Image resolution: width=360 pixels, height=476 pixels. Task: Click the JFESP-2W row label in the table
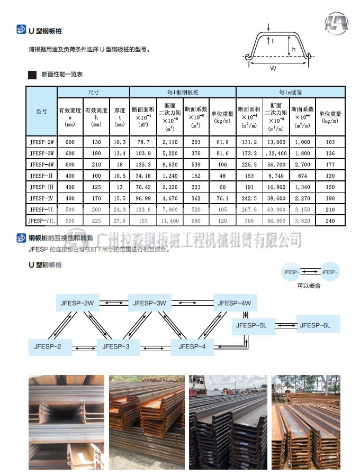tap(42, 142)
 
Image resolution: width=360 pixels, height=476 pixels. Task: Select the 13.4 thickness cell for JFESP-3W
tap(120, 153)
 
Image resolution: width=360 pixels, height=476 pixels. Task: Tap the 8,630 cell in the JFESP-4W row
tap(169, 164)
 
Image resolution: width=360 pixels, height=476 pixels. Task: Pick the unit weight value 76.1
tap(222, 198)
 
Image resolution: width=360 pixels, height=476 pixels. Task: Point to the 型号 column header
tap(42, 112)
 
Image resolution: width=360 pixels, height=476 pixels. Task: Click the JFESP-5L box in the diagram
tap(251, 325)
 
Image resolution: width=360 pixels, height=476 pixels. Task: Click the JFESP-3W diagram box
tap(150, 303)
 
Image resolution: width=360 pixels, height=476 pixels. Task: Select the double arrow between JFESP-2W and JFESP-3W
tap(113, 303)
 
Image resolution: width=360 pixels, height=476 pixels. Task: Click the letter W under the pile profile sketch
tap(273, 68)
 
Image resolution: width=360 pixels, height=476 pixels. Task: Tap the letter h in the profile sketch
tap(293, 49)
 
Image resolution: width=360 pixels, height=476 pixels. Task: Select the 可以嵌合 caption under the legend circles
tap(309, 286)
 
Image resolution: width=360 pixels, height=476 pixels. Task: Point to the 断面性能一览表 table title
tap(62, 75)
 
